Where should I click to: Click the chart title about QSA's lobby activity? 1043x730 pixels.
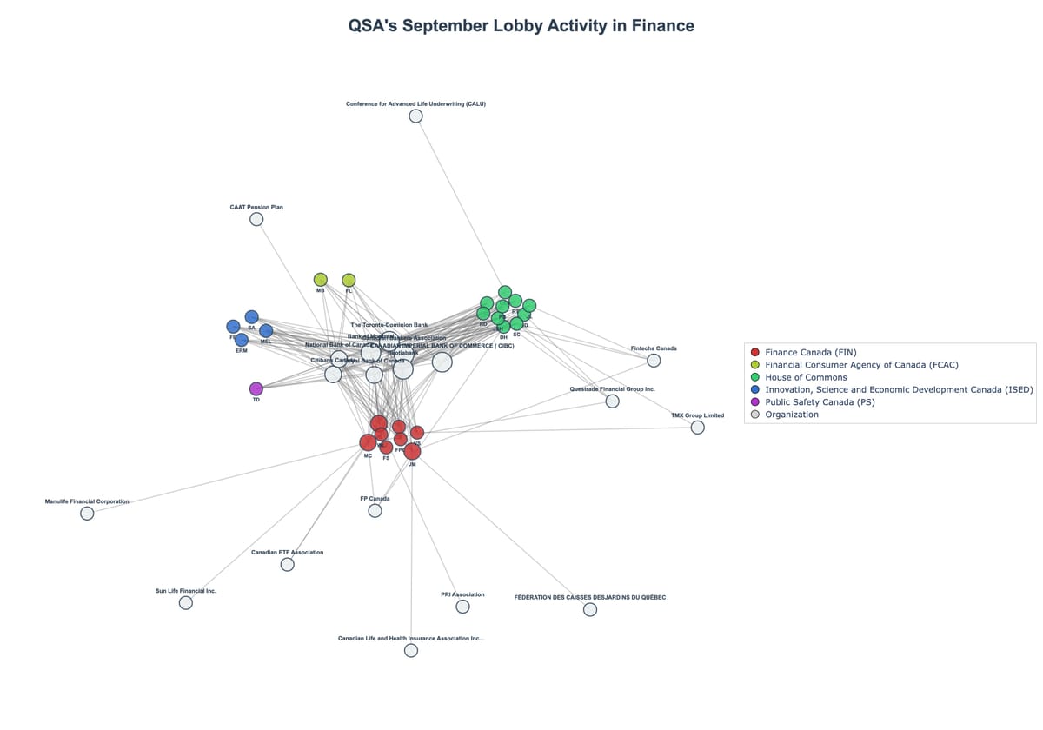tap(521, 26)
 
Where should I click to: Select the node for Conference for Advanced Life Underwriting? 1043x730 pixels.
tap(415, 116)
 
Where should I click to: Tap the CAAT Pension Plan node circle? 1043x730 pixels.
tap(256, 219)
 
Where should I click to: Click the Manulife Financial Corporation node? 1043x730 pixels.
tap(87, 514)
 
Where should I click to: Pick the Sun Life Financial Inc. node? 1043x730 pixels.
tap(185, 603)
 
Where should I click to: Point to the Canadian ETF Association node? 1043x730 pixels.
tap(287, 565)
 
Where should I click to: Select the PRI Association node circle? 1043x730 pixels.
tap(462, 607)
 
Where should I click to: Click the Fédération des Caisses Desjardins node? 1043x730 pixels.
tap(590, 610)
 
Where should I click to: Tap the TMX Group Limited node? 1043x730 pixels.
tap(697, 428)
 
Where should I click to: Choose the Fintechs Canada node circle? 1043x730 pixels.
tap(654, 361)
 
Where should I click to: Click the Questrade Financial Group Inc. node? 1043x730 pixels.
tap(612, 401)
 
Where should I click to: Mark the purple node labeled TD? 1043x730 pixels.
tap(256, 388)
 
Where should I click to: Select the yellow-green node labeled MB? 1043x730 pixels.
tap(320, 280)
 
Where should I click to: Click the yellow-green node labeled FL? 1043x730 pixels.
tap(349, 280)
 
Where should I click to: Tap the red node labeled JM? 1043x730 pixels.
tap(412, 451)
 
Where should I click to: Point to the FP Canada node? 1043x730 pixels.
tap(375, 511)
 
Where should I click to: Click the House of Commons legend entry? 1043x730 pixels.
tap(805, 377)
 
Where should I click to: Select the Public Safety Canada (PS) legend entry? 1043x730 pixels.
tap(819, 402)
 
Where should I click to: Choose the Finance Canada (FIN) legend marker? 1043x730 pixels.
tap(754, 352)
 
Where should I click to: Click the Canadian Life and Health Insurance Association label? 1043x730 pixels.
tap(410, 639)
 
